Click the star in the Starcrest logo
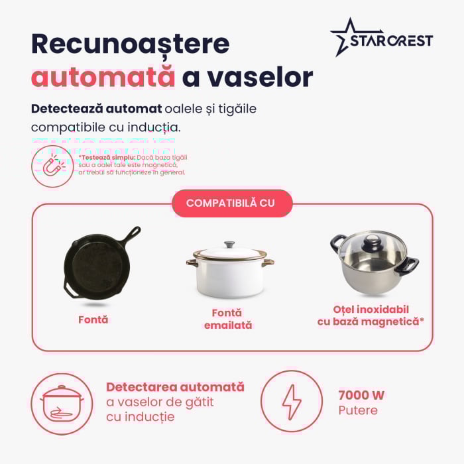click(347, 38)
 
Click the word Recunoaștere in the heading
click(130, 44)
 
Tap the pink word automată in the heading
click(103, 78)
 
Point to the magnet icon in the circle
click(52, 166)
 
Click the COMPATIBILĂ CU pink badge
click(231, 203)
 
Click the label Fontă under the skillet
click(93, 319)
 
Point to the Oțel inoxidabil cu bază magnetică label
click(371, 316)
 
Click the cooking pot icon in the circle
click(62, 404)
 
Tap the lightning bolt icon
click(292, 402)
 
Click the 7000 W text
click(361, 396)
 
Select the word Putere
click(358, 410)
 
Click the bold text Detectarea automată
click(175, 387)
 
